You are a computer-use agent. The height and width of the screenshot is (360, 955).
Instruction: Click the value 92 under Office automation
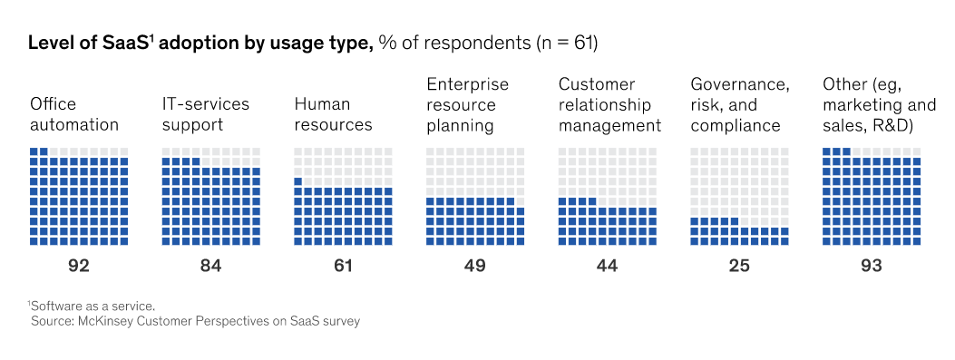79,266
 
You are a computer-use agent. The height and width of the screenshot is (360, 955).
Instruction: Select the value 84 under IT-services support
210,266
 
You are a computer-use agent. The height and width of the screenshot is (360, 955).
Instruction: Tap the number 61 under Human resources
342,266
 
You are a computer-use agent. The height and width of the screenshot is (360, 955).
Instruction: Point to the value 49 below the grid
474,266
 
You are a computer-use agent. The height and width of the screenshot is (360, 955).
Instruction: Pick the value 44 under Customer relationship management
607,266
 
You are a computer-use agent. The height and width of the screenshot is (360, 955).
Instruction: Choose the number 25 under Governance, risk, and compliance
739,266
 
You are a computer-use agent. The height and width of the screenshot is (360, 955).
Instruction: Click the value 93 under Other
871,266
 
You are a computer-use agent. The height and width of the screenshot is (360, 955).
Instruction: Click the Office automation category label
74,114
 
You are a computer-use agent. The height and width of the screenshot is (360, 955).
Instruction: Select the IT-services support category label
206,114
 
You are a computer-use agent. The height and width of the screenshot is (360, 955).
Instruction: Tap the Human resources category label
333,114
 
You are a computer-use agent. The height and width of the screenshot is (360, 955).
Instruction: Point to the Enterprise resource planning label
468,105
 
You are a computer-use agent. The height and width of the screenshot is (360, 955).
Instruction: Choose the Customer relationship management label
609,105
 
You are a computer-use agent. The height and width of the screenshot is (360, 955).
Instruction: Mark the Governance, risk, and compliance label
740,105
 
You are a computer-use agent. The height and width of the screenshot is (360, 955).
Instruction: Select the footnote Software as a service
93,306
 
